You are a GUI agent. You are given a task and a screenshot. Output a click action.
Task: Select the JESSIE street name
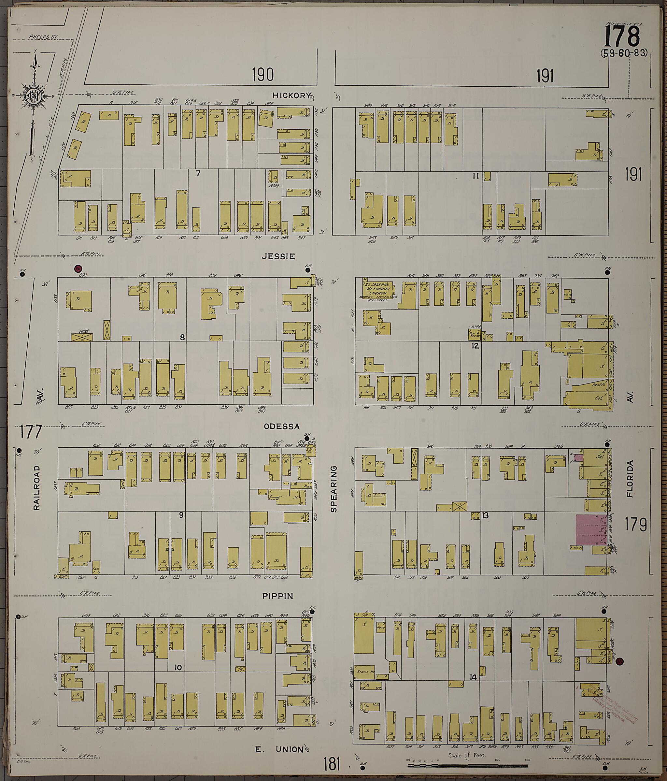(x=283, y=256)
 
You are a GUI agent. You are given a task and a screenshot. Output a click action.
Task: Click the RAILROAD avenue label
(x=36, y=488)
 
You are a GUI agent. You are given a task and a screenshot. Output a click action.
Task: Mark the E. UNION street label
(x=279, y=750)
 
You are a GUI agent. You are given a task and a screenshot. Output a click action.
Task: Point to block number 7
(x=197, y=174)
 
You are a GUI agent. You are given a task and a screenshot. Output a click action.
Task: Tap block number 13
(x=485, y=515)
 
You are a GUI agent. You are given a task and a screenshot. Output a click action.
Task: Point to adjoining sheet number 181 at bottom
(x=332, y=765)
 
